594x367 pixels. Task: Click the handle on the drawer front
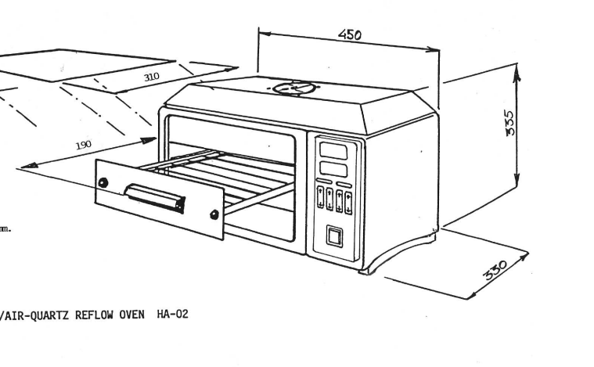156,197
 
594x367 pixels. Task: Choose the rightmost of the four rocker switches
347,201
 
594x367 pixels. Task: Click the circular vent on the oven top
293,88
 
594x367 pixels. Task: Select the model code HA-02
172,315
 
